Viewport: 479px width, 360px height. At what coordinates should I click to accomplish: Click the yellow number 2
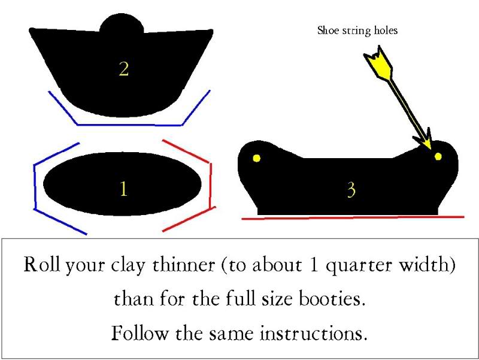coord(124,69)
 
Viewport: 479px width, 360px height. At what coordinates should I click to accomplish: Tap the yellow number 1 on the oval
coord(123,188)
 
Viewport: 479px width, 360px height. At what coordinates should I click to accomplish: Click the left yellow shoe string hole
coord(257,158)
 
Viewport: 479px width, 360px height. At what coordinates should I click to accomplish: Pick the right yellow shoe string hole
coord(438,156)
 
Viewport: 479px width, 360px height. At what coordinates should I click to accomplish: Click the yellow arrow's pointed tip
coord(431,150)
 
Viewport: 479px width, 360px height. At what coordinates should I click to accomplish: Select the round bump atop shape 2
coord(122,23)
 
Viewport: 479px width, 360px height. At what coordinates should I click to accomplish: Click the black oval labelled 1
coord(122,184)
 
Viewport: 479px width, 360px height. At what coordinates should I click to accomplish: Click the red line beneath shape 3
coord(353,217)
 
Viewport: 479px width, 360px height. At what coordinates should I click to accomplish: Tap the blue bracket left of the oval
coord(35,186)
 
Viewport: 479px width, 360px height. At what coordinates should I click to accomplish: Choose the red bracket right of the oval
coord(210,185)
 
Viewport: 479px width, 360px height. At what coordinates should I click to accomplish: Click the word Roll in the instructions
coord(41,264)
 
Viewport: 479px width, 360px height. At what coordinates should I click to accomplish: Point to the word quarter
coord(358,265)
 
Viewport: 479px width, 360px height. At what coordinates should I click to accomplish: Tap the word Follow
coord(140,333)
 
